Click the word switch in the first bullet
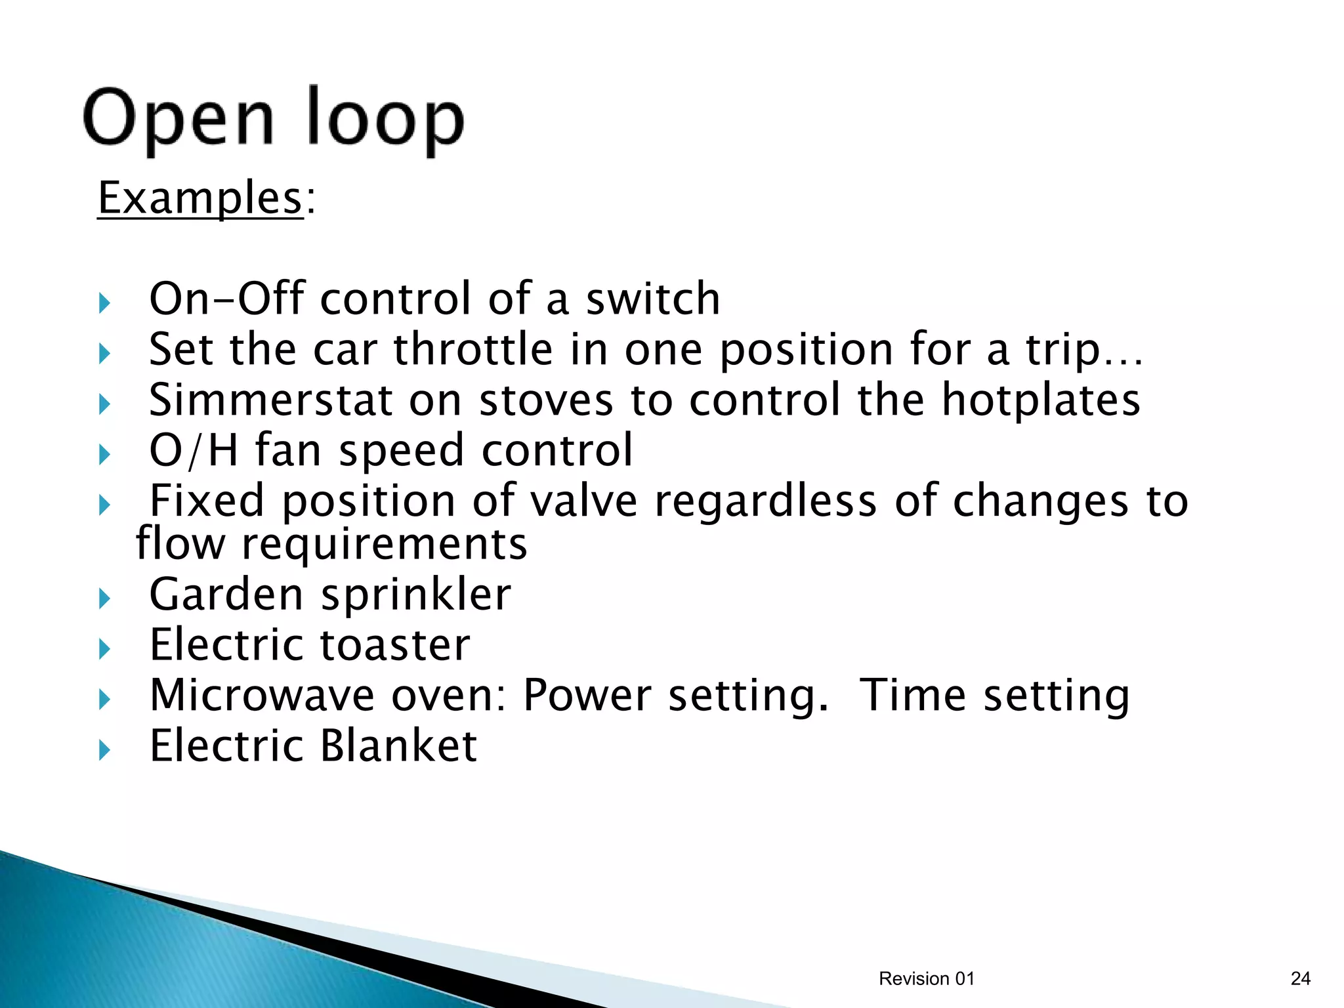click(x=653, y=299)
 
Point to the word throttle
click(x=473, y=349)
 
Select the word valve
click(x=583, y=501)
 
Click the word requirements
click(x=385, y=544)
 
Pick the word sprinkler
click(x=416, y=595)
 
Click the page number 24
click(x=1300, y=978)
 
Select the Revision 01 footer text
click(x=927, y=978)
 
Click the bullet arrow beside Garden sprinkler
click(x=104, y=598)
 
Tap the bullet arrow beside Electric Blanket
click(x=104, y=750)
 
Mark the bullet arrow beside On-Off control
click(x=104, y=303)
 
